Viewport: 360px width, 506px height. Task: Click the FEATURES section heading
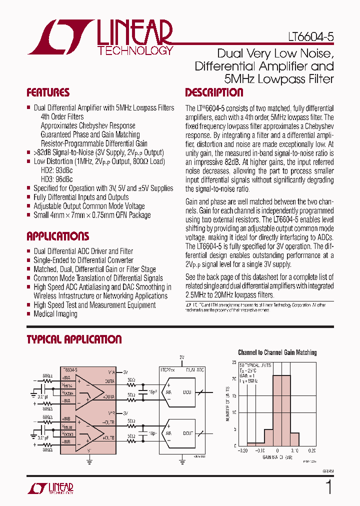point(48,92)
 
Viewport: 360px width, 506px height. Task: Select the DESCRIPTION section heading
point(214,92)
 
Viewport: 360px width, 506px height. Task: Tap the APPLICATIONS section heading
point(57,236)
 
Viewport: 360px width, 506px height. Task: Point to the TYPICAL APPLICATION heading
point(74,339)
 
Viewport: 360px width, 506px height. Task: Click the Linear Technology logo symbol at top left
point(60,37)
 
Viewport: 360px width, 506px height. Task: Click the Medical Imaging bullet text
point(55,314)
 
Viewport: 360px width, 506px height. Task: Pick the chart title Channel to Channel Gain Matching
point(277,352)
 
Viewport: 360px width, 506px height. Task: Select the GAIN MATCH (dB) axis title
point(274,457)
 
